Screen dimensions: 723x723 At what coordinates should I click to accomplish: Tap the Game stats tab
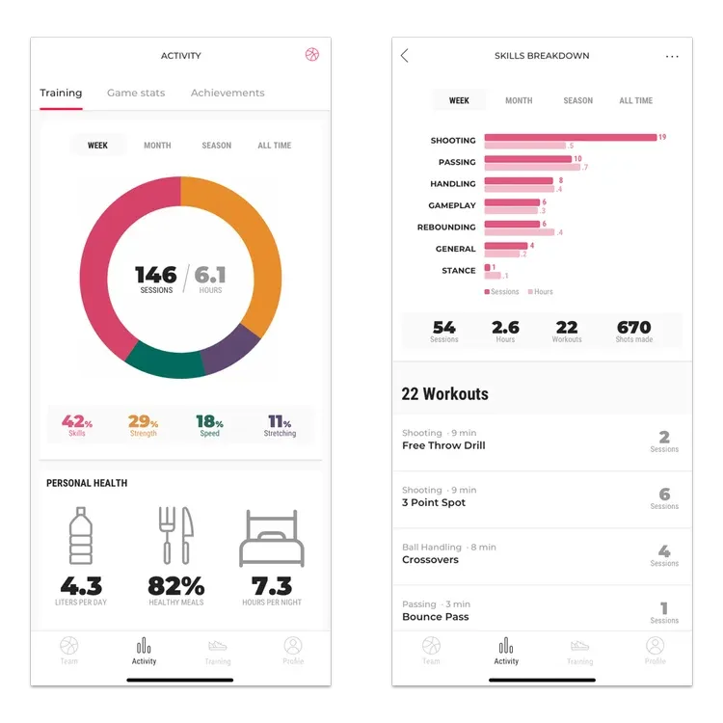point(136,93)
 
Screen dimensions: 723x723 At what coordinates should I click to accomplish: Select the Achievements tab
point(228,93)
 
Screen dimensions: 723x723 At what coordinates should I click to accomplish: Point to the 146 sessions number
point(156,275)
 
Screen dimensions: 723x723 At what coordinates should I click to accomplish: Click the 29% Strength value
point(143,421)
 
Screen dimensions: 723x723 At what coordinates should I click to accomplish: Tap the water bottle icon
point(81,535)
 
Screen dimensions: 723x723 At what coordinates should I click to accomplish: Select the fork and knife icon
point(176,535)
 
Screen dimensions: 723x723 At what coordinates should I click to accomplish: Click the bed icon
point(272,538)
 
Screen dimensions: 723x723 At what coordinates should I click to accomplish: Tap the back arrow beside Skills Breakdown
point(404,56)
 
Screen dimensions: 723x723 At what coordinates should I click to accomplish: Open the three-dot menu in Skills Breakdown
point(672,56)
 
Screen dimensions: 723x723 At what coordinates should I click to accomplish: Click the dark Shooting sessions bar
point(571,138)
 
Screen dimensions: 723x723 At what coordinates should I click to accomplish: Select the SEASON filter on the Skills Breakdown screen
point(577,100)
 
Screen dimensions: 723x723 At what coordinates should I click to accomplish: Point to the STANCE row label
point(458,271)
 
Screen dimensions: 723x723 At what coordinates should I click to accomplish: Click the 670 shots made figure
point(634,328)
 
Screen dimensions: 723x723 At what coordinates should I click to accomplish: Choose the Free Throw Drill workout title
point(443,445)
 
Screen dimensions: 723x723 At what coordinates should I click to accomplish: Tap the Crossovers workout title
point(430,560)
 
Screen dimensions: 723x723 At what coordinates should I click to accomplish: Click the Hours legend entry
point(541,292)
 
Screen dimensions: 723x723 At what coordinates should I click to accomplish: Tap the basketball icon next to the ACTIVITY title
point(312,54)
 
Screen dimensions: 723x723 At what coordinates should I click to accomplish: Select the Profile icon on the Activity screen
point(293,646)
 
